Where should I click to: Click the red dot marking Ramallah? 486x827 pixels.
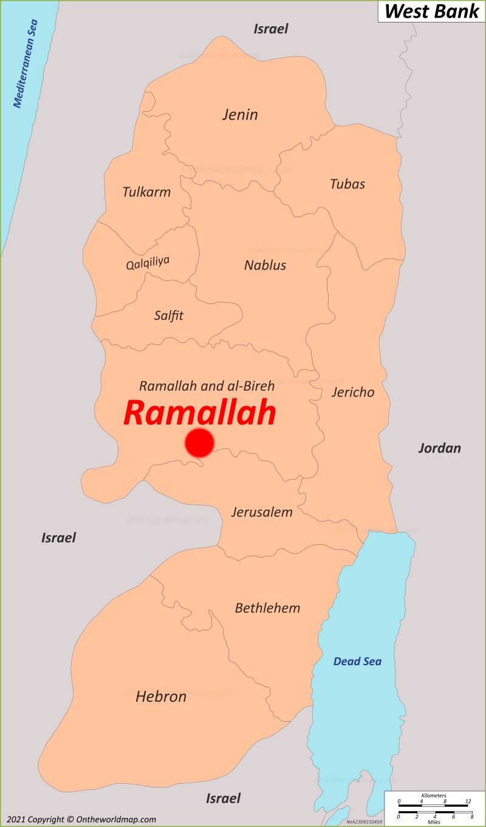click(199, 443)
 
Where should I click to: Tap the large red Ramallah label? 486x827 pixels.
click(200, 413)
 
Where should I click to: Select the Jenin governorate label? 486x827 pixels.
click(240, 114)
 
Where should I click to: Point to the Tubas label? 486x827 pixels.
click(347, 184)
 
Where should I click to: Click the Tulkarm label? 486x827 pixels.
click(146, 192)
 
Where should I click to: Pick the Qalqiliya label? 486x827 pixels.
click(148, 263)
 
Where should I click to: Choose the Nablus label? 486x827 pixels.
click(265, 265)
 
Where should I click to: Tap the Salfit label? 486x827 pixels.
click(168, 316)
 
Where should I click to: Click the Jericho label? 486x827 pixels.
click(353, 392)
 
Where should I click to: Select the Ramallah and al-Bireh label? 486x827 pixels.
click(207, 386)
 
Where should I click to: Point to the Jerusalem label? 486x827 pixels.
click(262, 512)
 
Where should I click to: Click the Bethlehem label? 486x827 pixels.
click(267, 608)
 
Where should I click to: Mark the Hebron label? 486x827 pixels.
click(161, 696)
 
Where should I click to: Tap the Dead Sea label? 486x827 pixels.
click(357, 662)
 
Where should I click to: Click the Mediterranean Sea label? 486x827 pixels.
click(26, 64)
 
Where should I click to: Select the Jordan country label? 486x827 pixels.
click(439, 448)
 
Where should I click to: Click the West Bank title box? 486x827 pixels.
click(431, 11)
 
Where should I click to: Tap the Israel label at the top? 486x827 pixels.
click(271, 29)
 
